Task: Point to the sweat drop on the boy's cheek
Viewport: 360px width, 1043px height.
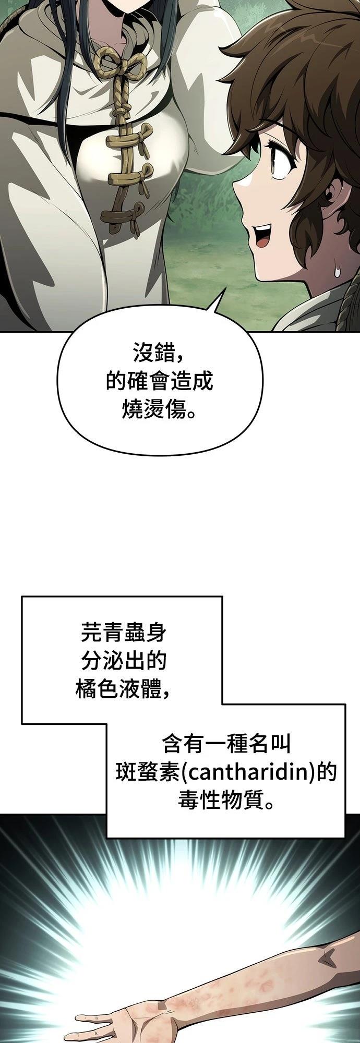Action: coord(338,271)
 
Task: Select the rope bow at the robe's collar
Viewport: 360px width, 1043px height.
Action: coord(118,60)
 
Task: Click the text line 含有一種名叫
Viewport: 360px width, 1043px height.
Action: coord(226,743)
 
